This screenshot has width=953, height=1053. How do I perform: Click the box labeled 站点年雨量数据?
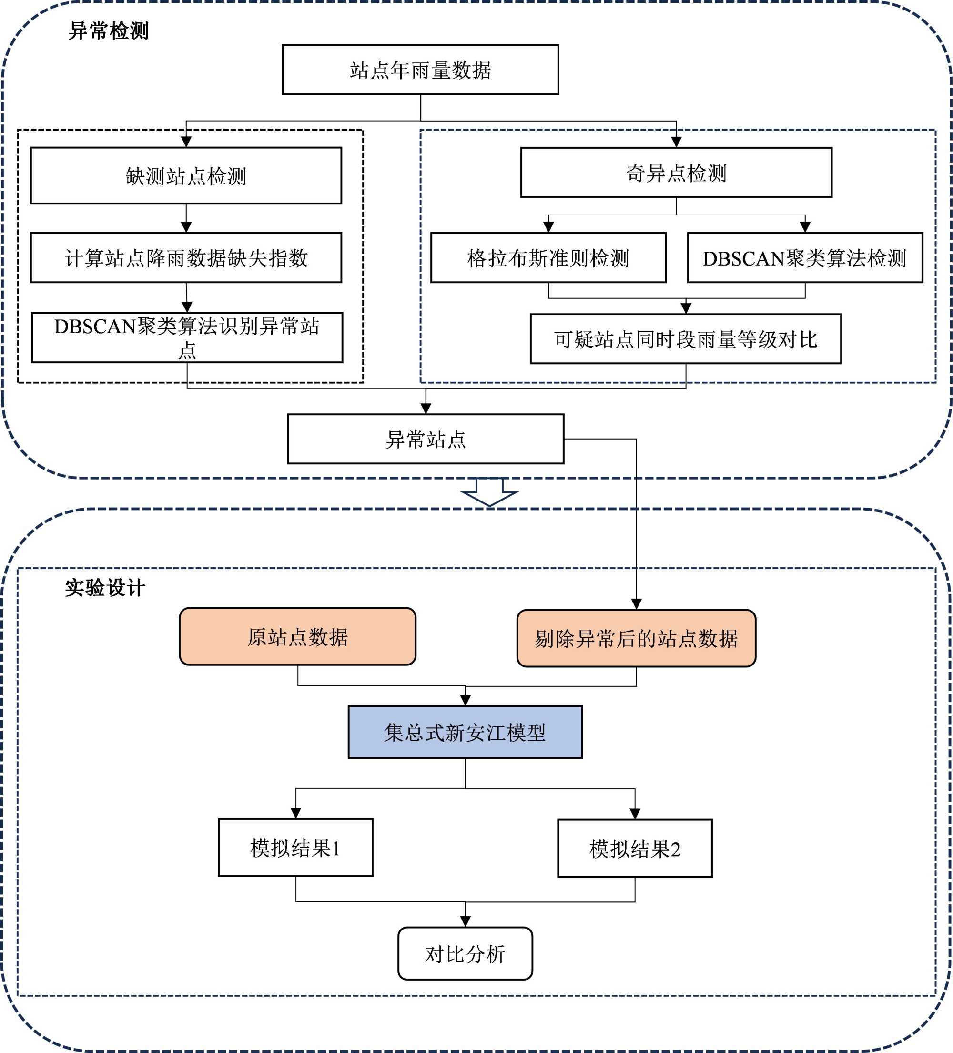420,70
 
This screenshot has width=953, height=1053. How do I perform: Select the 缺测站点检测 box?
186,175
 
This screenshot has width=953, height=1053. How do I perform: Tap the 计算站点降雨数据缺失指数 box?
186,257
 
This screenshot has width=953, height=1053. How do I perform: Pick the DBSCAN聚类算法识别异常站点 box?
187,337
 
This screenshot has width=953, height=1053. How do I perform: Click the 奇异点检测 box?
676,173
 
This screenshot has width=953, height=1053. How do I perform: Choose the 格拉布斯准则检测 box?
548,257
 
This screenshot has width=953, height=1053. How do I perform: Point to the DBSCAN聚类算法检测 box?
805,257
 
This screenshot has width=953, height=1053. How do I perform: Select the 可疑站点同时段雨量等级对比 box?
686,338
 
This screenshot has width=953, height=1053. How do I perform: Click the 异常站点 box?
426,439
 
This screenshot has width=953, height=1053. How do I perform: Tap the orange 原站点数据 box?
298,636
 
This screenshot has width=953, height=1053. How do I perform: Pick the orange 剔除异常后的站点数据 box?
636,638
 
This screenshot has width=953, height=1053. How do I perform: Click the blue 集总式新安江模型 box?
465,732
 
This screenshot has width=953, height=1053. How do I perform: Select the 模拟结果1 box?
295,847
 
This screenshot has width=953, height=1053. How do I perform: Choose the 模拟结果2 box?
635,848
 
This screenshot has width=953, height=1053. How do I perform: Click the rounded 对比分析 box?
465,954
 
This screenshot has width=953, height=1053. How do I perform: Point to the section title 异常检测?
109,31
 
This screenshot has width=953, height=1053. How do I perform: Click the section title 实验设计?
105,588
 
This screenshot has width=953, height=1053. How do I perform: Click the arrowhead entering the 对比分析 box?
465,921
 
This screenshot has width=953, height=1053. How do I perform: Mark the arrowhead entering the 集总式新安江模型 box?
465,700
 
